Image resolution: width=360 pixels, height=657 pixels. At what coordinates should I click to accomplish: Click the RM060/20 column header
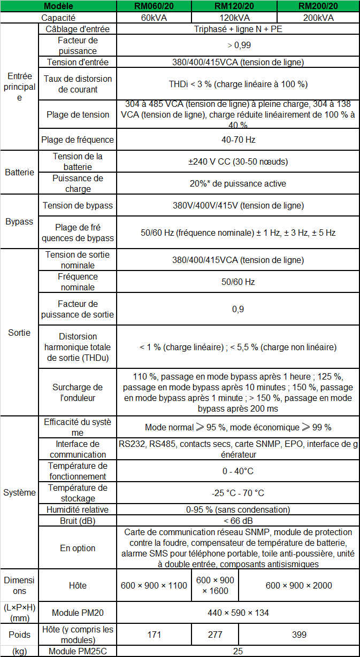click(x=153, y=6)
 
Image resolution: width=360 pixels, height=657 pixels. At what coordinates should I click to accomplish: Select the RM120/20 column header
click(x=234, y=6)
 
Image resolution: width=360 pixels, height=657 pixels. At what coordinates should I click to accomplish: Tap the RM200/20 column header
click(x=318, y=6)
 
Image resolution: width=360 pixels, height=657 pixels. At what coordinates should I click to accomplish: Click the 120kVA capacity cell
click(x=234, y=17)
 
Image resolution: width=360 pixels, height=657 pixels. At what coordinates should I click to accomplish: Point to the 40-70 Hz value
click(x=238, y=140)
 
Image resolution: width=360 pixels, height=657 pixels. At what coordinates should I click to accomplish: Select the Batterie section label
click(x=19, y=172)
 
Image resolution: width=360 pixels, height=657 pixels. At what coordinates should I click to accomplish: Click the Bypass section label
click(x=19, y=221)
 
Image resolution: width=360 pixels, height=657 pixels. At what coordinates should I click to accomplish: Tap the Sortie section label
click(x=19, y=333)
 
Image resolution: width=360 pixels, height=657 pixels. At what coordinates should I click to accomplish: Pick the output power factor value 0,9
click(x=238, y=309)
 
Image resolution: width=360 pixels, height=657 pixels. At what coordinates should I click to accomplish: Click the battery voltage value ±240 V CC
click(x=238, y=161)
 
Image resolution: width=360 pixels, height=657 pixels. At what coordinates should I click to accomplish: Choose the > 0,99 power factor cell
click(x=238, y=45)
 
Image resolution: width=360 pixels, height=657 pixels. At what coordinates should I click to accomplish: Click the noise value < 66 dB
click(x=238, y=520)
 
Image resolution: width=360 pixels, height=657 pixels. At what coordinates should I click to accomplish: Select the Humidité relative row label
click(x=78, y=509)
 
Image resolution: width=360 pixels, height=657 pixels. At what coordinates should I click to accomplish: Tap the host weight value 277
click(x=215, y=635)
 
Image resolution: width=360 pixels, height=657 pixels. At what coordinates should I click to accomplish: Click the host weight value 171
click(x=154, y=635)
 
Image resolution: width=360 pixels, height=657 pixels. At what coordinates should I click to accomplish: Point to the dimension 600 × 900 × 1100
click(x=154, y=585)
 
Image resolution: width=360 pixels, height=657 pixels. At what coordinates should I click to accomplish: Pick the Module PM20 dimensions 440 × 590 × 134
click(x=238, y=613)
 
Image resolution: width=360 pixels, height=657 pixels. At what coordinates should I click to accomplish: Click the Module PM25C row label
click(x=78, y=652)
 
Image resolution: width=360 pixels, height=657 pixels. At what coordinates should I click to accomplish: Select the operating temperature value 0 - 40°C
click(x=238, y=471)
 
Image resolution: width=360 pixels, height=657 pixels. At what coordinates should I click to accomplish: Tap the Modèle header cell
click(x=58, y=6)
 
